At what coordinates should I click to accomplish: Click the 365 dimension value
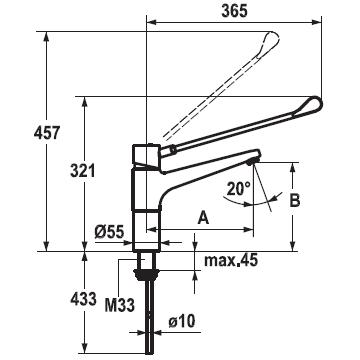pos(235,11)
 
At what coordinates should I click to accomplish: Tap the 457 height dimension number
pos(47,133)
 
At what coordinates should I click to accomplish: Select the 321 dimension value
pos(83,171)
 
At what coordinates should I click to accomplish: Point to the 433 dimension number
pos(83,299)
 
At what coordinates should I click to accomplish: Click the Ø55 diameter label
pos(109,231)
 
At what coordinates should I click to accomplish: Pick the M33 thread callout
pos(120,305)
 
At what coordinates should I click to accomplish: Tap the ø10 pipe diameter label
pos(181,322)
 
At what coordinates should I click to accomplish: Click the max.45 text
pos(231,260)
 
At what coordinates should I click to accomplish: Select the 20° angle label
pos(239,189)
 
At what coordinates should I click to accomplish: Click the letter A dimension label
pos(203,218)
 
